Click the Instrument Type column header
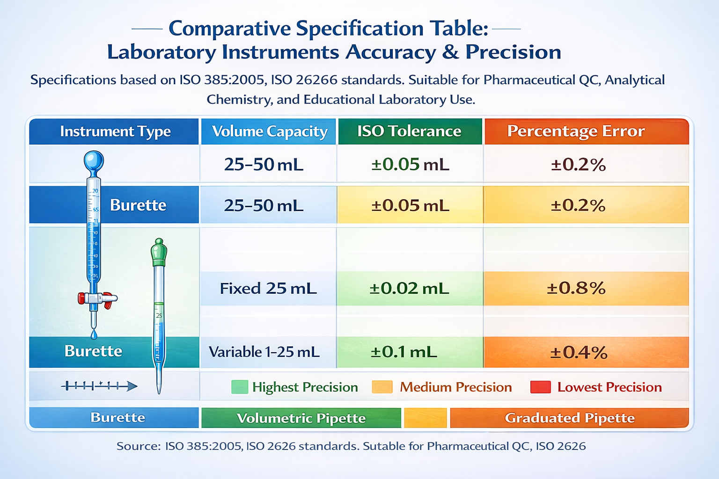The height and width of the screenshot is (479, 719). pyautogui.click(x=115, y=131)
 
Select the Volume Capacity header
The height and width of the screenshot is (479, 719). pyautogui.click(x=269, y=131)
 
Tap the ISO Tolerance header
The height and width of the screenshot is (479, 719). pyautogui.click(x=409, y=131)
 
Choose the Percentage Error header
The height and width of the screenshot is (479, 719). pyautogui.click(x=576, y=131)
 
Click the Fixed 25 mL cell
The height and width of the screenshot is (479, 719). pyautogui.click(x=268, y=288)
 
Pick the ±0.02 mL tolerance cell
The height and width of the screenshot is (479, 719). pyautogui.click(x=409, y=288)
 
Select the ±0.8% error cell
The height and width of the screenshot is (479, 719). pyautogui.click(x=576, y=288)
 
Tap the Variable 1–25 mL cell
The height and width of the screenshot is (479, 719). pyautogui.click(x=264, y=352)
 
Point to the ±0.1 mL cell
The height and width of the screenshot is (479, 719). pyautogui.click(x=404, y=352)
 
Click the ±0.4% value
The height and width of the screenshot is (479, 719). pyautogui.click(x=579, y=352)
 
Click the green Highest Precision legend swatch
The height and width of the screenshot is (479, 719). pyautogui.click(x=239, y=387)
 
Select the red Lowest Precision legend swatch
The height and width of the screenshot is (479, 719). pyautogui.click(x=540, y=387)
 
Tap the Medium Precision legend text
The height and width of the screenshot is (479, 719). pyautogui.click(x=455, y=387)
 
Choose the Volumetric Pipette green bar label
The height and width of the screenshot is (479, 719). pyautogui.click(x=301, y=418)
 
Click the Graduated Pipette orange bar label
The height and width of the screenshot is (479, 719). pyautogui.click(x=569, y=418)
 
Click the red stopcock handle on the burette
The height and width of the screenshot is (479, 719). pyautogui.click(x=82, y=298)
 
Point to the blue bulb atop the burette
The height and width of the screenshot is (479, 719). pyautogui.click(x=94, y=161)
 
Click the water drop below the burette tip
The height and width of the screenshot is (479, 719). pyautogui.click(x=94, y=334)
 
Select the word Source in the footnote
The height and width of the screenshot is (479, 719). pyautogui.click(x=138, y=446)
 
